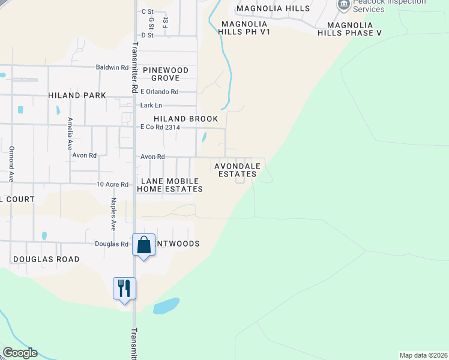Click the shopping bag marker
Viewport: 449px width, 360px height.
click(143, 245)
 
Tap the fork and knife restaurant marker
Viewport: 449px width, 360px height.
click(124, 289)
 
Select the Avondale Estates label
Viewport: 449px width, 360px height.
click(237, 170)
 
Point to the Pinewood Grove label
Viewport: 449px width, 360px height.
click(169, 74)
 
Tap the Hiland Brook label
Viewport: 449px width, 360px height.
click(185, 119)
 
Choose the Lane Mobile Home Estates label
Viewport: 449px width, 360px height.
click(170, 185)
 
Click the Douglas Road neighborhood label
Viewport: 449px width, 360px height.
click(46, 259)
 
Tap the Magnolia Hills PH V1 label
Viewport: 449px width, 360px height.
click(243, 28)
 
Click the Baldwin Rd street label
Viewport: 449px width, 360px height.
click(112, 67)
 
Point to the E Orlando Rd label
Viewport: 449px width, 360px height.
click(159, 92)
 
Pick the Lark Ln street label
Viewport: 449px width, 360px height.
click(151, 105)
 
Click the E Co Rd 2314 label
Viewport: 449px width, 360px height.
click(160, 127)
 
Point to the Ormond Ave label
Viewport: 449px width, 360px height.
click(11, 164)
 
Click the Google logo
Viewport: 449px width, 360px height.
click(20, 353)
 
